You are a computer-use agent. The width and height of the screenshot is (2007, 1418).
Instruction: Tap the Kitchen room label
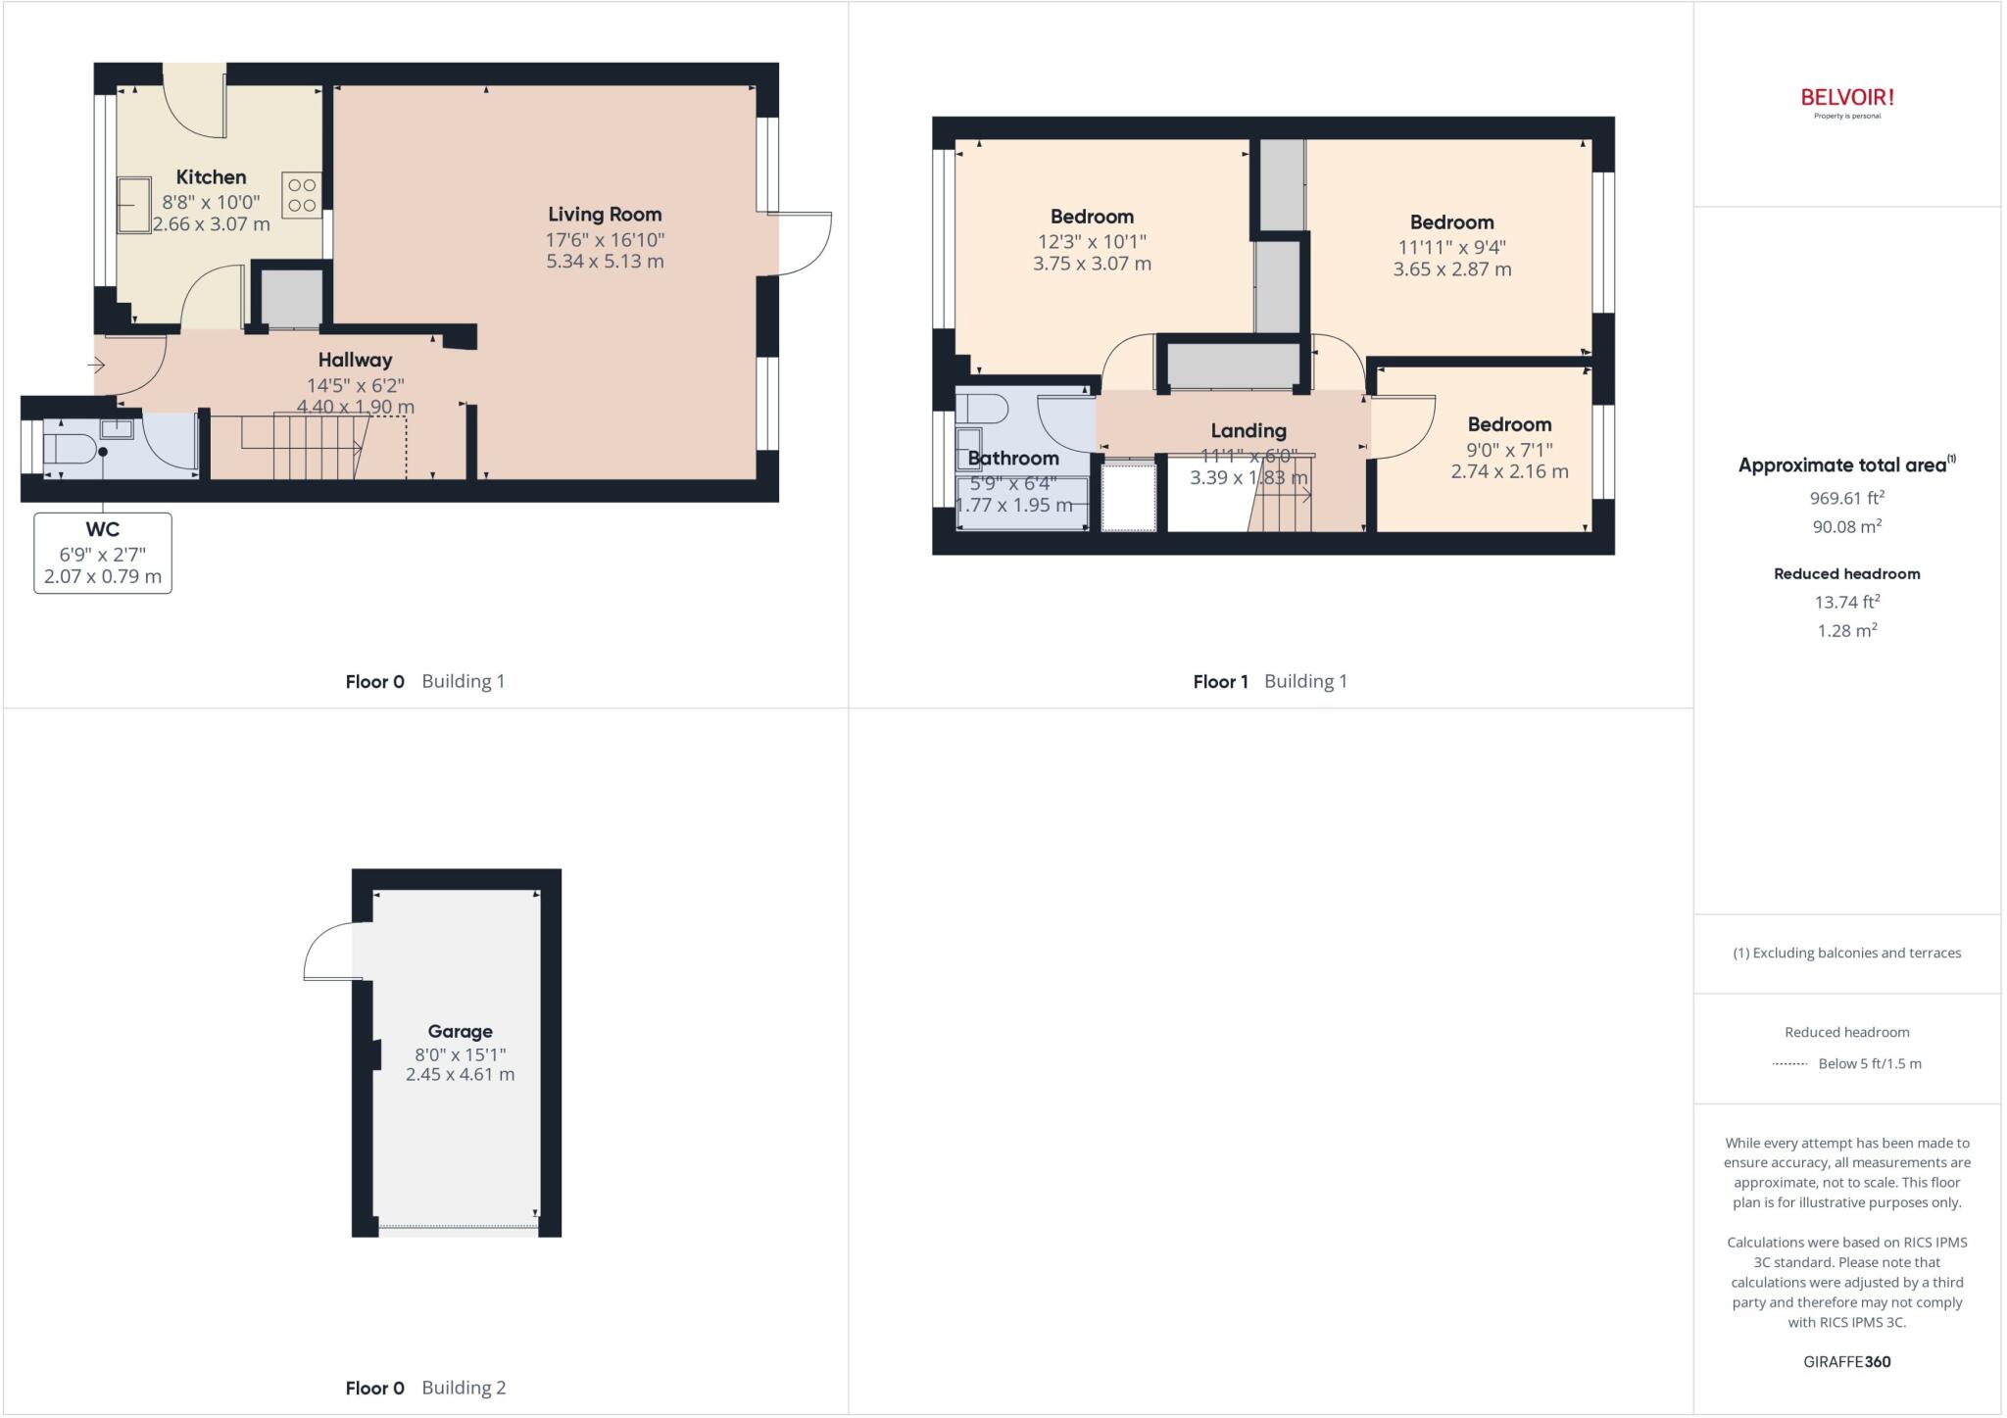211,177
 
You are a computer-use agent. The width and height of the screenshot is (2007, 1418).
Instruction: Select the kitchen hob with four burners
302,195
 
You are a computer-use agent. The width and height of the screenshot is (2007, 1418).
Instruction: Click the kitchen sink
134,206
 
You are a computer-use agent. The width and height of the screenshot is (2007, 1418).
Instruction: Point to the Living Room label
605,215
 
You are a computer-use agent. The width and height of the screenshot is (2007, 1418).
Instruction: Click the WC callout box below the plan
103,553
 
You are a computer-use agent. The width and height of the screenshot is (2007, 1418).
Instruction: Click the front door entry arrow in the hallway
96,366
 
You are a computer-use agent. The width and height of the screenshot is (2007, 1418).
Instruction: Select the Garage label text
460,1031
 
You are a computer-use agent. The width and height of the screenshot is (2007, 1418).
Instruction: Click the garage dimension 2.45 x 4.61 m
460,1074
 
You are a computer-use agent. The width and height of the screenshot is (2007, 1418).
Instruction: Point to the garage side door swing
331,951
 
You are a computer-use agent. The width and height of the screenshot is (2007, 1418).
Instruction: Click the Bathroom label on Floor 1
1013,458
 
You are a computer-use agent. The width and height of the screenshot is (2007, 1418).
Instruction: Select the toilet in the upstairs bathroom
983,408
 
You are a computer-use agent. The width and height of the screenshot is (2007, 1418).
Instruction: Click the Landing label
1248,430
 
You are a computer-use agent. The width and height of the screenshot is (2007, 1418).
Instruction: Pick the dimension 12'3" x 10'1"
1092,241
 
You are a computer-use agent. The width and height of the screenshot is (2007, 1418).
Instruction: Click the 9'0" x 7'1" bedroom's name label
1509,424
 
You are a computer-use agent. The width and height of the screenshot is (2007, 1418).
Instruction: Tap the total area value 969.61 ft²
1846,498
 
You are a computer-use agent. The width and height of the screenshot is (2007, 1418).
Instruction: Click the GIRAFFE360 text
1846,1361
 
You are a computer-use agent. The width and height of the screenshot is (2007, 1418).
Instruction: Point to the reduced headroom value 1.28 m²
1846,630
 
